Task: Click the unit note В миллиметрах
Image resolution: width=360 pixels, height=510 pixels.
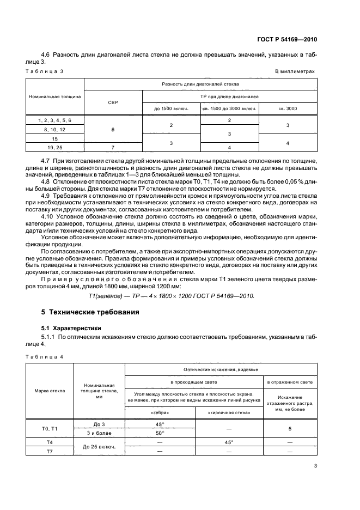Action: tap(295, 71)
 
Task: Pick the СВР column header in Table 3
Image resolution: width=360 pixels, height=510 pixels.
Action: tap(113, 102)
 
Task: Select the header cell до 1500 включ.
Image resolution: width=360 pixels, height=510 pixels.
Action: tap(171, 108)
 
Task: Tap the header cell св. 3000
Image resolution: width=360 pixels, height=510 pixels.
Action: tap(288, 108)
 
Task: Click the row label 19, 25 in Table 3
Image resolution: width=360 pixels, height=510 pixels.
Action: tap(54, 147)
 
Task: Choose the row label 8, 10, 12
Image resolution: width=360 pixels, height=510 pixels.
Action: tap(54, 129)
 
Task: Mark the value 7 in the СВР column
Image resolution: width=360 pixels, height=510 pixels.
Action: tap(113, 147)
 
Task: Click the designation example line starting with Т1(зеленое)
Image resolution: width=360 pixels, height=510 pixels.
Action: tap(171, 296)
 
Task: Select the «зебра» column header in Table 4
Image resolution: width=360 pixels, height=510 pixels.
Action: tap(160, 412)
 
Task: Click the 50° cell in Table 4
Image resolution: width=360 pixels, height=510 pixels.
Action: tap(160, 433)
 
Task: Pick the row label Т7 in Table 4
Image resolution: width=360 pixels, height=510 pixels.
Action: tap(50, 452)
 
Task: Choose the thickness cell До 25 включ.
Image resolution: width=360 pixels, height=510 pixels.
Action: tap(99, 447)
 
